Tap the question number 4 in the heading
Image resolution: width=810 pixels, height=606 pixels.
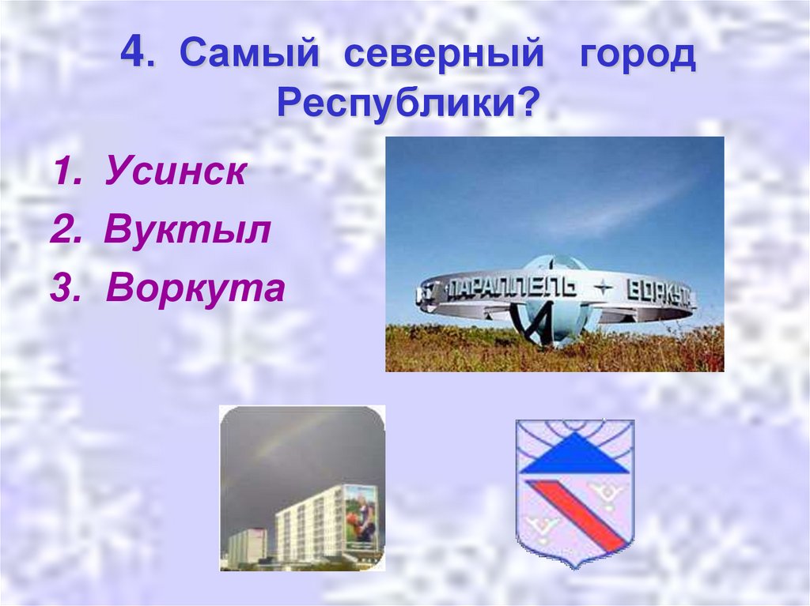(x=134, y=56)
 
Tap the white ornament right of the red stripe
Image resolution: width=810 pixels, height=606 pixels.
(x=607, y=495)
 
